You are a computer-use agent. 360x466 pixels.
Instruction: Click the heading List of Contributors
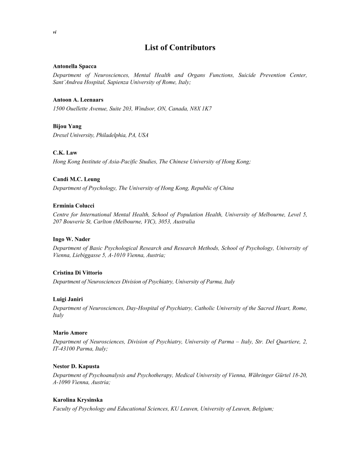click(180, 47)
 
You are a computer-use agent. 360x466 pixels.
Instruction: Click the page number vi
click(55, 32)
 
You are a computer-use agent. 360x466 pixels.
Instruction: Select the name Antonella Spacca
click(75, 66)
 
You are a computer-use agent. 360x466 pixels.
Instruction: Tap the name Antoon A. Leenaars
click(78, 100)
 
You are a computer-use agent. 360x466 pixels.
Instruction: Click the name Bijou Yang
click(67, 126)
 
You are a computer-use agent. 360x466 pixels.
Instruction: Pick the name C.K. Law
click(65, 153)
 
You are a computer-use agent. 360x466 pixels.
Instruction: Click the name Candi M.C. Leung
click(76, 179)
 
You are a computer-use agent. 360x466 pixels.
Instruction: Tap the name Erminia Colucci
click(73, 206)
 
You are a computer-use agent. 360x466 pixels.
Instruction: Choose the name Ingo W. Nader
click(71, 239)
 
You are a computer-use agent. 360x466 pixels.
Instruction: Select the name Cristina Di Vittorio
click(78, 273)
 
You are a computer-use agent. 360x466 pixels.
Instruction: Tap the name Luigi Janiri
click(68, 299)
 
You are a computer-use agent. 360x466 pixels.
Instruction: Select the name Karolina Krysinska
click(78, 400)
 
